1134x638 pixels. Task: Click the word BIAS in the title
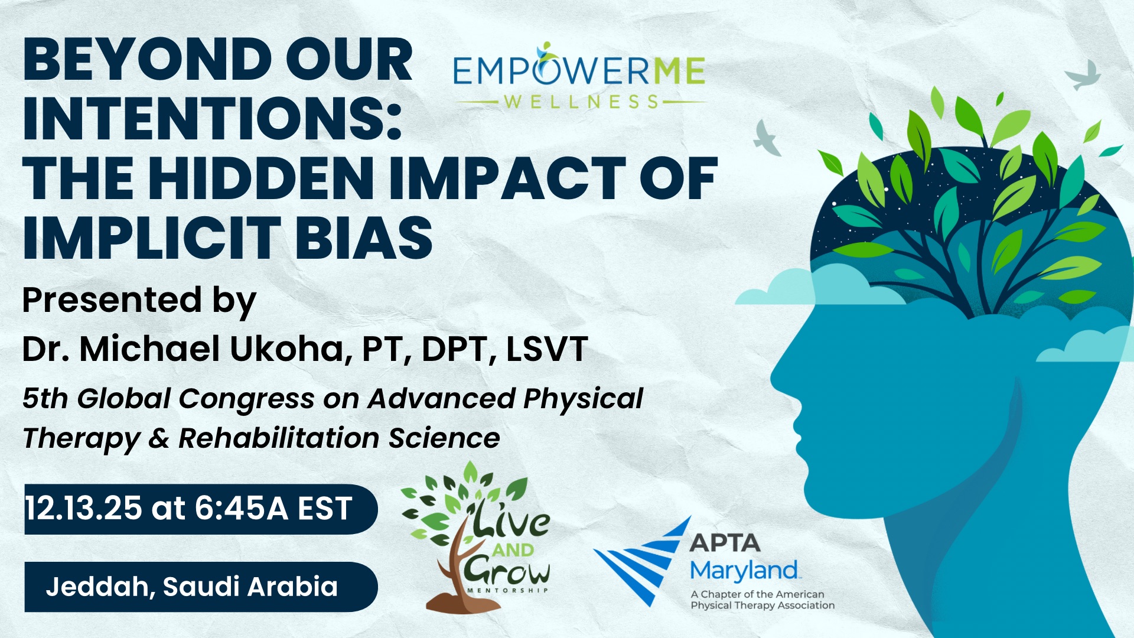point(364,237)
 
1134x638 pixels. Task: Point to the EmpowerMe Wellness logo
point(579,76)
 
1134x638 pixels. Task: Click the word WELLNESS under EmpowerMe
point(581,102)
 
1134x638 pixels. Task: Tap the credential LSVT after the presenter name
point(547,349)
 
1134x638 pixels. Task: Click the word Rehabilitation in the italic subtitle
point(279,438)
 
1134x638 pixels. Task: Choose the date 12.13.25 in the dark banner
point(83,508)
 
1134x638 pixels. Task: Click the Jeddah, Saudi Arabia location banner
point(201,587)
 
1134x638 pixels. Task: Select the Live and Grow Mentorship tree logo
point(475,537)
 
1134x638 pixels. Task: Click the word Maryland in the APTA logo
point(744,571)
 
